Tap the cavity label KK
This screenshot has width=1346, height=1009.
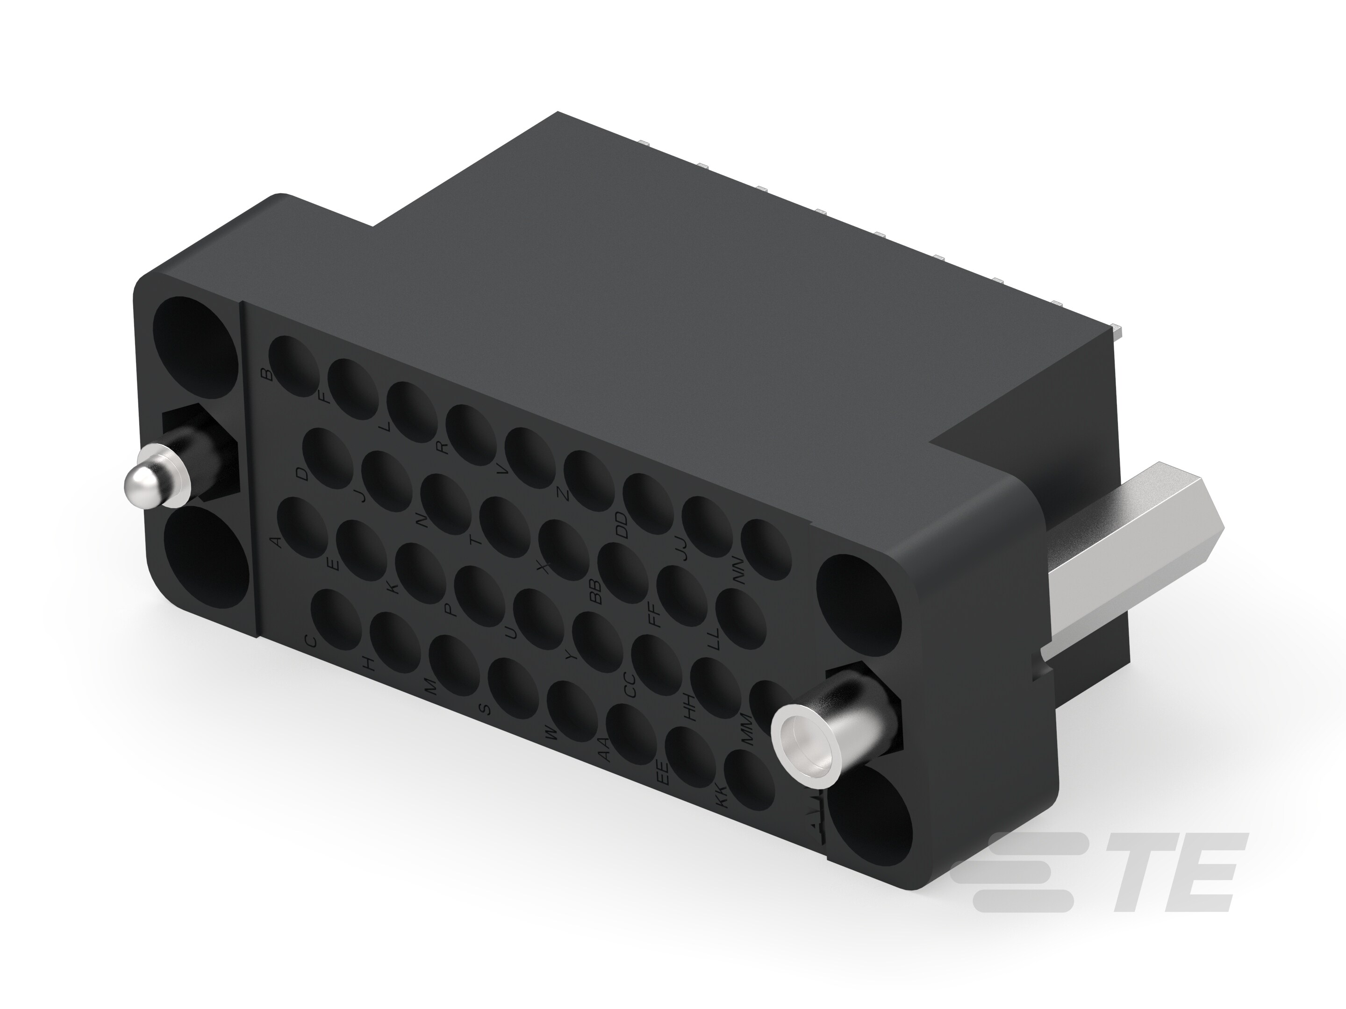pyautogui.click(x=721, y=797)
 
